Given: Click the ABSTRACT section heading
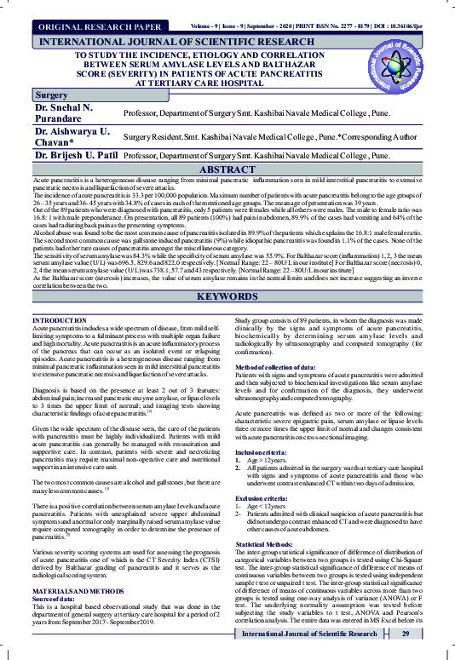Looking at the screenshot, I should [227, 170].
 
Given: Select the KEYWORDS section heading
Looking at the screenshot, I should [227, 297].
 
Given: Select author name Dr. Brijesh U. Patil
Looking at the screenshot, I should [75, 157].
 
